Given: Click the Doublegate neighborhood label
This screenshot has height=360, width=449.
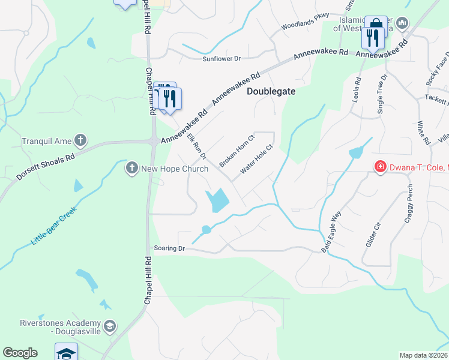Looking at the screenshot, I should click(271, 90).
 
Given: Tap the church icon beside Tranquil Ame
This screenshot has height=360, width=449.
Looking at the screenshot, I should click(80, 141).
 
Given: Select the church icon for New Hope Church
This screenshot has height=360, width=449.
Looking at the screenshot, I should click(132, 169).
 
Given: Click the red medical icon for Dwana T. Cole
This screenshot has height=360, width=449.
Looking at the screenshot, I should click(379, 166).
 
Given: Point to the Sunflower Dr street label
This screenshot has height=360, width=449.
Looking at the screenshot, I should click(221, 59).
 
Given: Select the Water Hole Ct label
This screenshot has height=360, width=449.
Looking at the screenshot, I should click(256, 159).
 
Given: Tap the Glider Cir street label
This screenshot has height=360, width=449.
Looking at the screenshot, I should click(373, 233).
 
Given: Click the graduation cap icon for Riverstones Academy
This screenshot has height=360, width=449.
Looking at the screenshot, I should click(109, 326).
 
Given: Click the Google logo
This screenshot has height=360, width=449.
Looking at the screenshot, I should click(20, 353).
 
